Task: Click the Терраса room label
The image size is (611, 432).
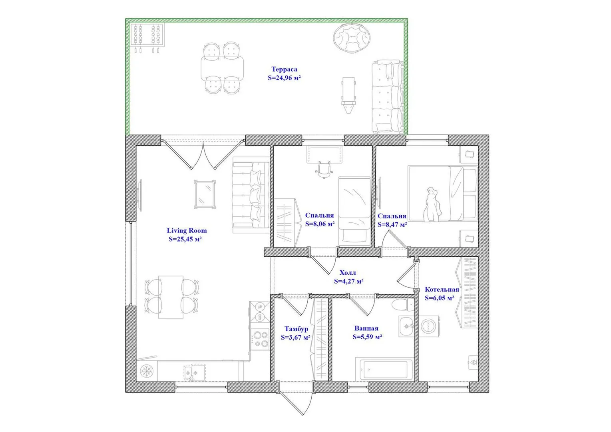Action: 284,69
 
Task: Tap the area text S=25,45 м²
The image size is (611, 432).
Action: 185,239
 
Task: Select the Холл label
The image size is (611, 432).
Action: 348,272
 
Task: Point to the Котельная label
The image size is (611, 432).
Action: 442,290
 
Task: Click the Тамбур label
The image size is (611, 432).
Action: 296,329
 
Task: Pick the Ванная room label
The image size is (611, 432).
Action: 366,328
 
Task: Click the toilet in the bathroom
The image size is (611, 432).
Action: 403,305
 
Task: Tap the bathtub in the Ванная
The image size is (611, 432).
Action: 384,369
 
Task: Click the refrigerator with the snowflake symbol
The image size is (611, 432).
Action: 147,371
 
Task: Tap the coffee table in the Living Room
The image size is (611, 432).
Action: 205,194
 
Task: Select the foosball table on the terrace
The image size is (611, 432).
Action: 147,37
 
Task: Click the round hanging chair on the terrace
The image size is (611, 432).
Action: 352,38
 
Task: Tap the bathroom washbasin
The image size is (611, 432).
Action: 406,326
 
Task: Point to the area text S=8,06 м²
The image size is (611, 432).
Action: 320,224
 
